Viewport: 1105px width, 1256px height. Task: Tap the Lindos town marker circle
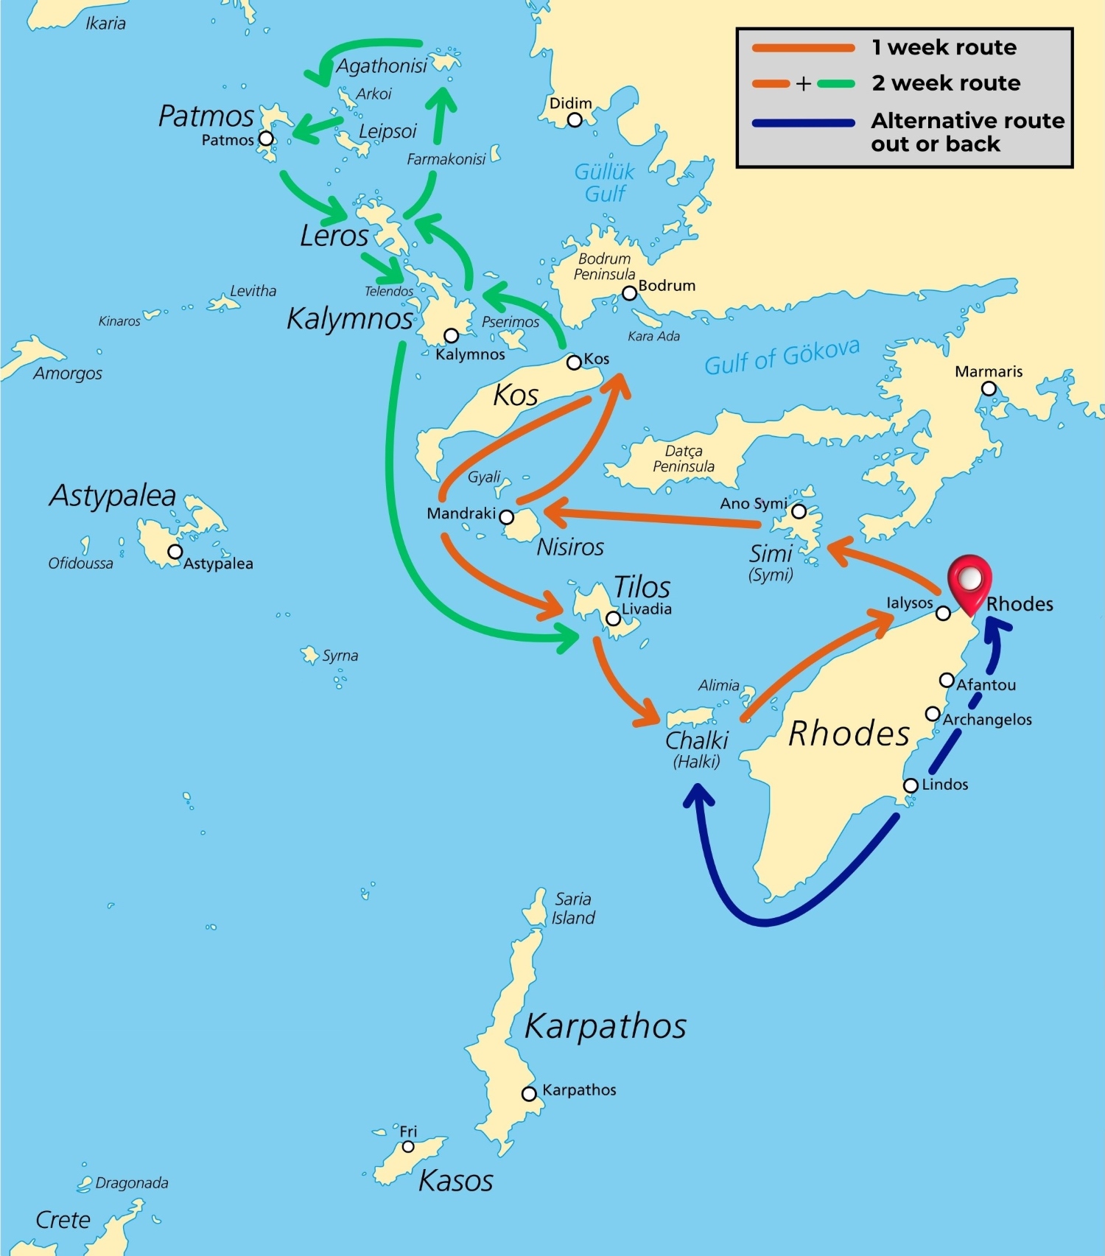911,785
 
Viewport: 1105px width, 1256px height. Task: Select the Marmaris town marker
989,388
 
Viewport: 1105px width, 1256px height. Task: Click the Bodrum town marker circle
629,293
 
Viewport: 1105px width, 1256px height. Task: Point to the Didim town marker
575,119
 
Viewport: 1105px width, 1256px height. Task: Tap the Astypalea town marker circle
175,551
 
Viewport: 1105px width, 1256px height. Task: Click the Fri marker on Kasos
408,1146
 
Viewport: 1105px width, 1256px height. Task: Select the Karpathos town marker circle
529,1094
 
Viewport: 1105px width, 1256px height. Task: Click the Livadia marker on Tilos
613,619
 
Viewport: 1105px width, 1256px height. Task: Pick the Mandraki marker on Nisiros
507,516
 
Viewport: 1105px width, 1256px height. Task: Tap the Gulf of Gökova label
782,357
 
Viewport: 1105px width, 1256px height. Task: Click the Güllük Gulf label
605,183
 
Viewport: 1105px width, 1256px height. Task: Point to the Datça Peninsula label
684,458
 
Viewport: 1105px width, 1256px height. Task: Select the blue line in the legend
803,123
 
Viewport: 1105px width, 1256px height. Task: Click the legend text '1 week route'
944,48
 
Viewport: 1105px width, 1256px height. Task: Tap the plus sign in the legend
803,84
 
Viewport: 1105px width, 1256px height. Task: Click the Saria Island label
574,908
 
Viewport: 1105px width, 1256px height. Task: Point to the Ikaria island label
105,24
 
